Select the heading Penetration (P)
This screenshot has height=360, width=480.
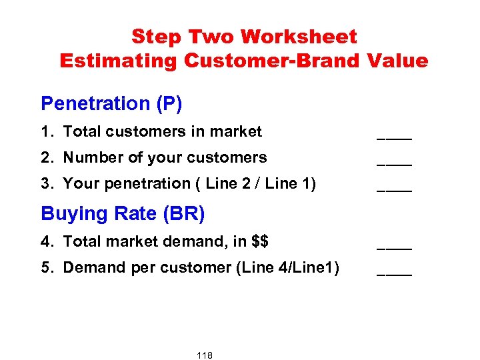(x=111, y=103)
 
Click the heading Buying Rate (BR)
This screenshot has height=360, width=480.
(x=123, y=213)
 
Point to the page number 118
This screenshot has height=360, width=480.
(x=205, y=355)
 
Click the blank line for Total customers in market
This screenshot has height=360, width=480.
(x=394, y=137)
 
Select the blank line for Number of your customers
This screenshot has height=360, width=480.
(x=394, y=163)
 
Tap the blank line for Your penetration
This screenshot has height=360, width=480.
(x=394, y=189)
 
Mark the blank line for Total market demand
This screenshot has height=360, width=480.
(x=394, y=246)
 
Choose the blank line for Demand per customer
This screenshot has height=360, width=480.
(x=394, y=272)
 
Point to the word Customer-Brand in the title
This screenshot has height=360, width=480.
(x=272, y=61)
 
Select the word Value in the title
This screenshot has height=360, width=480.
(x=397, y=61)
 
